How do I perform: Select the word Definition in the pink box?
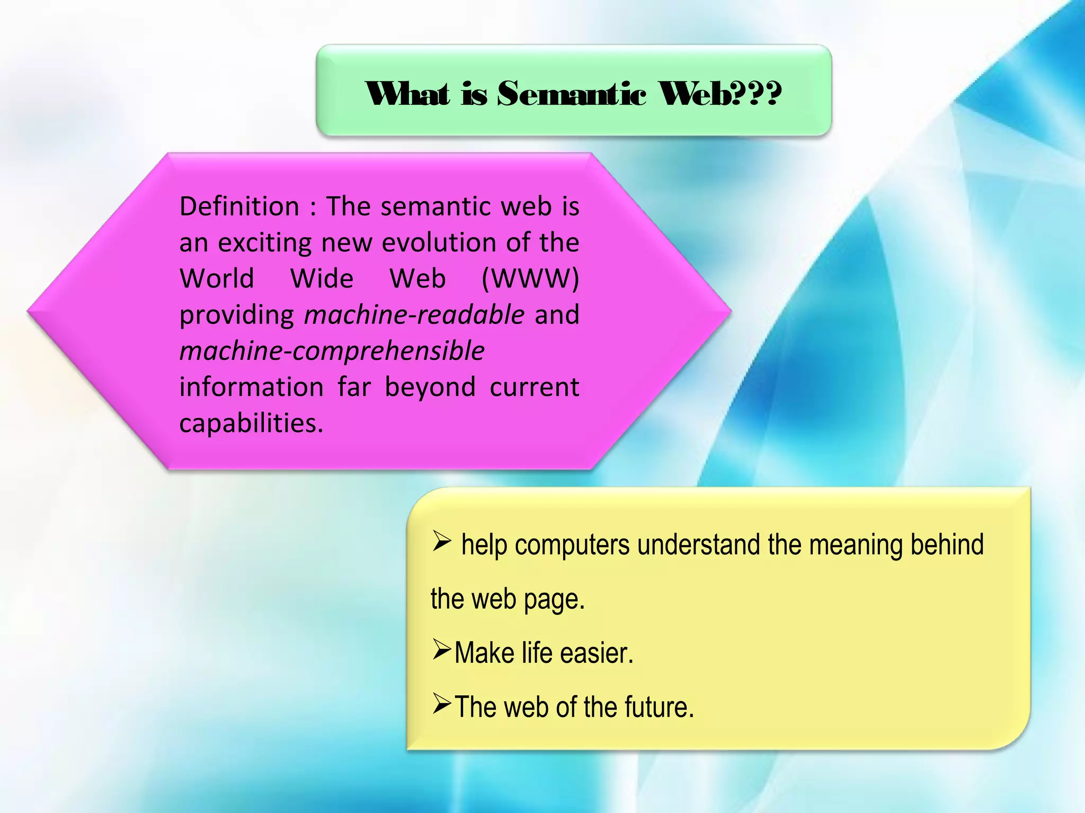coord(239,206)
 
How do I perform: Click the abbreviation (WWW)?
coord(530,278)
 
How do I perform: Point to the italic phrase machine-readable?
coord(414,315)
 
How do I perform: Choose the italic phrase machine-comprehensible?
coord(332,351)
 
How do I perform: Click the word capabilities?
coord(251,423)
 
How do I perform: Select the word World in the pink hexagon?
coord(217,278)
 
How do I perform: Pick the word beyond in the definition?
coord(430,387)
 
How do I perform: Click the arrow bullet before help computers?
coord(441,540)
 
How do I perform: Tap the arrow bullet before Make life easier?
coord(441,649)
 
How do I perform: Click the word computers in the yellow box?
coord(572,545)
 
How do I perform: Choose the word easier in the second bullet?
coord(597,653)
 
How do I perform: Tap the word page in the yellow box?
coord(554,599)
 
